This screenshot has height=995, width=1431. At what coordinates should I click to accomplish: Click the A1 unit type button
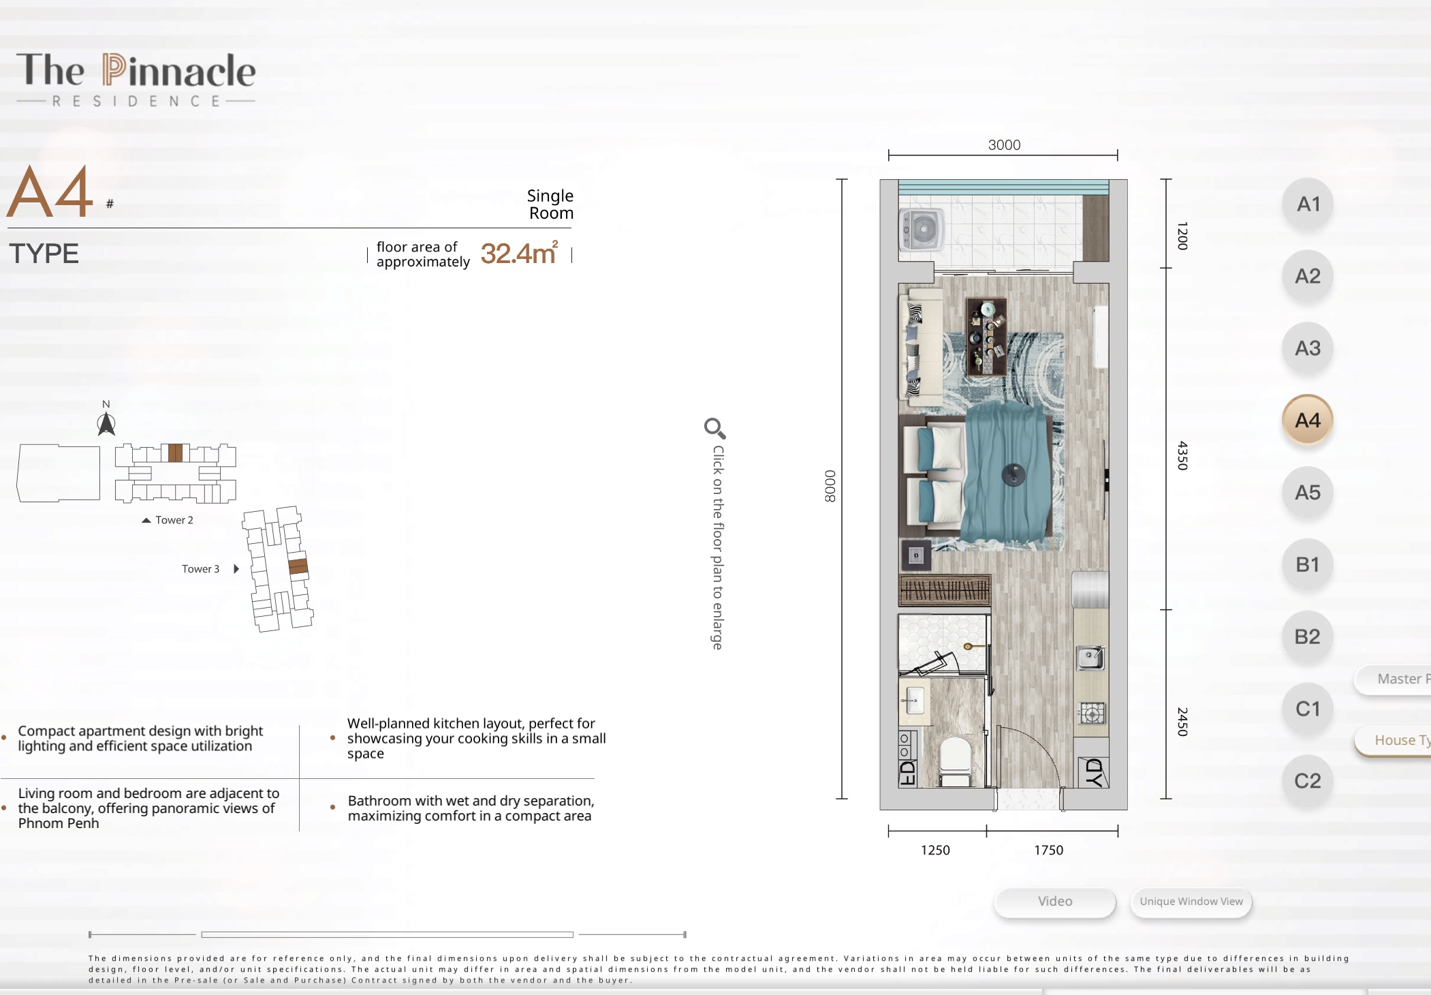coord(1308,204)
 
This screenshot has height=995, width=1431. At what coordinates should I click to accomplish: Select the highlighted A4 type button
coord(1308,420)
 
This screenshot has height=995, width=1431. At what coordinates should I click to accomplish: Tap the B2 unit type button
coord(1308,637)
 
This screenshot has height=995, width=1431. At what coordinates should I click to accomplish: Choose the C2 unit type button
coord(1308,781)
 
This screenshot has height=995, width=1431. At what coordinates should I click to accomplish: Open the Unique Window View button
coord(1191,902)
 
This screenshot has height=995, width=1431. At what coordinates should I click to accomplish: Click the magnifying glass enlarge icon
coord(715,429)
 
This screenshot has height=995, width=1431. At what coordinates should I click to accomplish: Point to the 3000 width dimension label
coord(1005,145)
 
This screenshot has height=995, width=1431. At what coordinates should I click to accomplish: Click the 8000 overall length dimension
coord(830,486)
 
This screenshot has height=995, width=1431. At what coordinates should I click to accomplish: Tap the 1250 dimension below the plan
coord(935,850)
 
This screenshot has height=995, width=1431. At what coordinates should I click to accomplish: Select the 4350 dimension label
coord(1182,455)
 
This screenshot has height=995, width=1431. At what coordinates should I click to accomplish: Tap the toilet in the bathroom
coord(955,761)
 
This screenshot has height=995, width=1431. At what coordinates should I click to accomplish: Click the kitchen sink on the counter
coord(1090,658)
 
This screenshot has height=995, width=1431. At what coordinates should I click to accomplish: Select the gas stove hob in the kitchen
coord(1092,714)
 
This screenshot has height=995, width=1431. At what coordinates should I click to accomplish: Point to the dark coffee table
coord(987,337)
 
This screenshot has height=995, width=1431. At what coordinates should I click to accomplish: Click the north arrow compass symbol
coord(106,423)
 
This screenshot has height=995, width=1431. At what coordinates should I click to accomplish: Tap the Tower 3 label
coord(200,569)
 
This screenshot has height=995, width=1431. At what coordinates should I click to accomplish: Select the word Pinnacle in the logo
coord(179,71)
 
